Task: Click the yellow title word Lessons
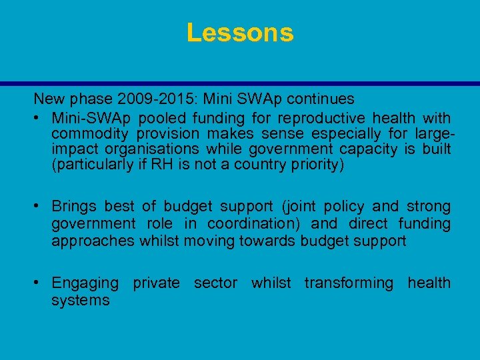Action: tap(240, 33)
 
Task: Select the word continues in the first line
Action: tap(323, 99)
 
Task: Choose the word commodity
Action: tap(85, 133)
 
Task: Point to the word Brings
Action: tap(74, 207)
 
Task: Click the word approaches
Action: tap(93, 241)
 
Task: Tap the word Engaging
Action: tap(85, 283)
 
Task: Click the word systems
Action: tap(81, 301)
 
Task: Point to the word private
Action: tap(156, 283)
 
